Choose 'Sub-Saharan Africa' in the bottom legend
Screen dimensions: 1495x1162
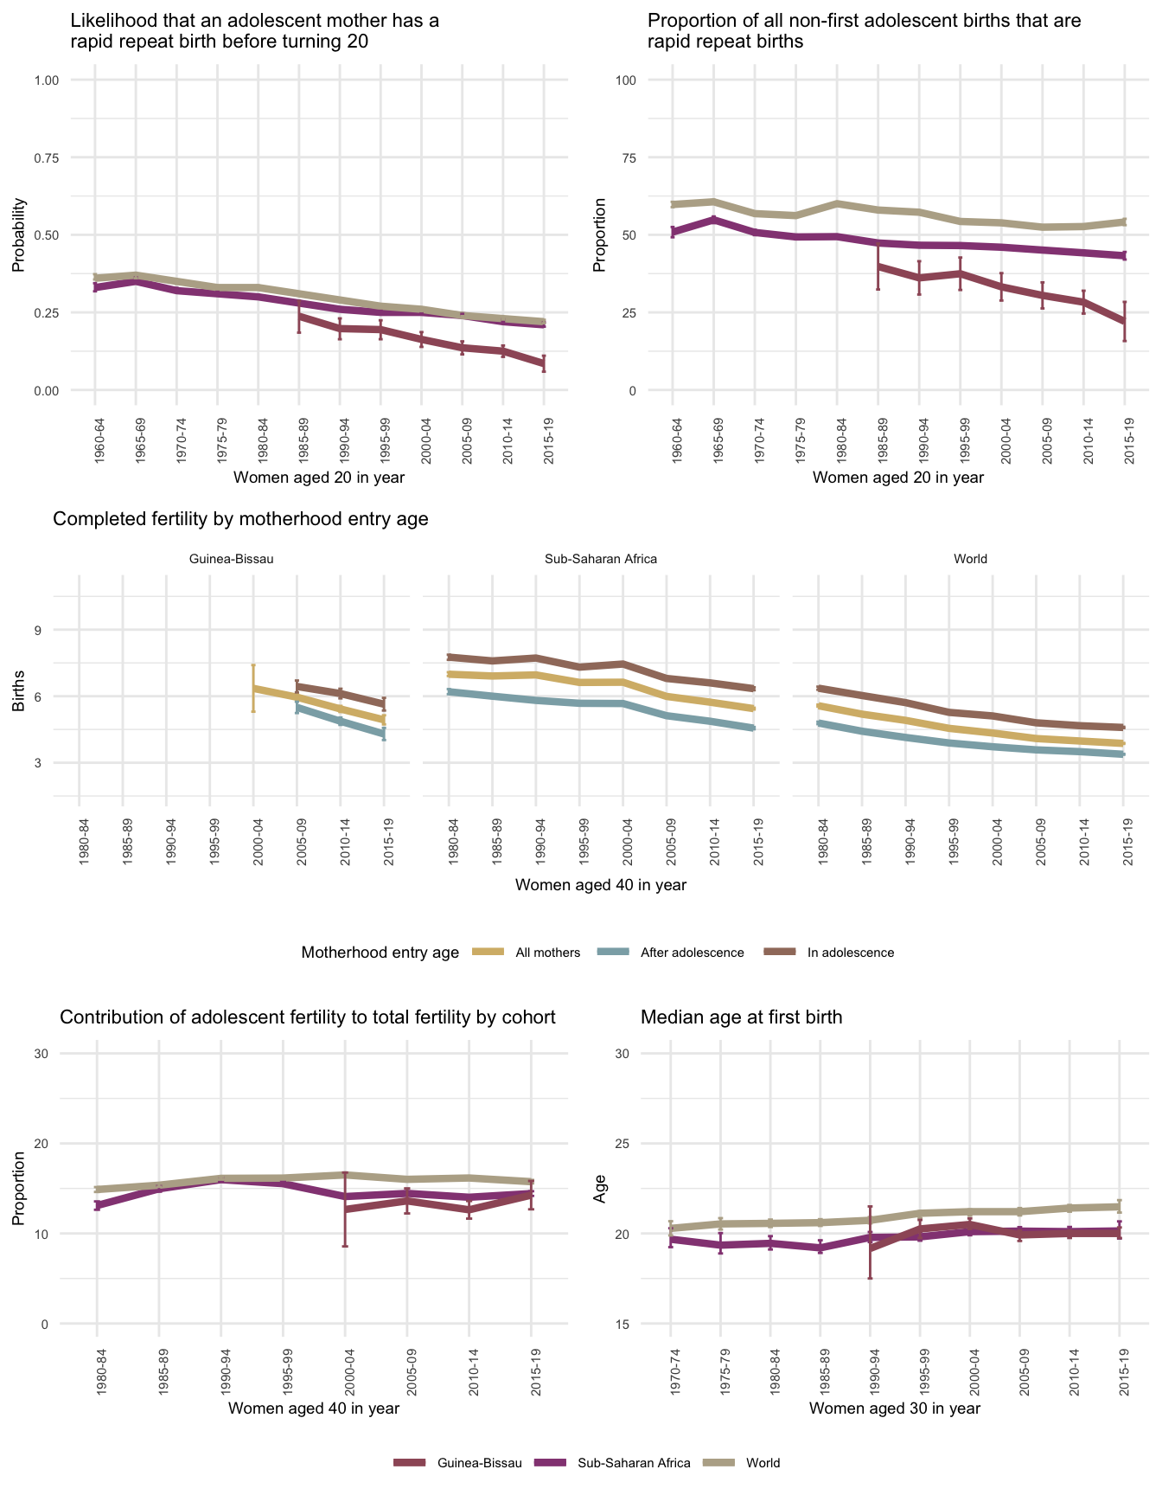(x=634, y=1463)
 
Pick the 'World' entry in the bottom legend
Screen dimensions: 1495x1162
(x=763, y=1463)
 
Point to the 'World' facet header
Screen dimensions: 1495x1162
(x=970, y=559)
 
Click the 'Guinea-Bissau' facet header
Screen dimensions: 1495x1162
(x=231, y=559)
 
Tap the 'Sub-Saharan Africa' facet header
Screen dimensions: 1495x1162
(x=601, y=559)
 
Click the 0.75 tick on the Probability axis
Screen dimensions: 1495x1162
(x=47, y=157)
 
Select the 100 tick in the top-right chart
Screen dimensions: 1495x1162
(x=625, y=80)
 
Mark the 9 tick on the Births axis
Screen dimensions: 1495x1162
(x=38, y=630)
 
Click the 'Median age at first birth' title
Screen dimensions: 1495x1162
(x=741, y=1017)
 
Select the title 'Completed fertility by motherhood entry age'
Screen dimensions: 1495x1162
(x=240, y=519)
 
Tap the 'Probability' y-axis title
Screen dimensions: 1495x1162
(x=18, y=235)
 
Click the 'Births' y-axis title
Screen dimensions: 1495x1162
(x=18, y=696)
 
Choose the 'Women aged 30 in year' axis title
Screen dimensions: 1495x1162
(x=895, y=1408)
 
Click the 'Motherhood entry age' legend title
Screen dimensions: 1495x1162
(x=380, y=953)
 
